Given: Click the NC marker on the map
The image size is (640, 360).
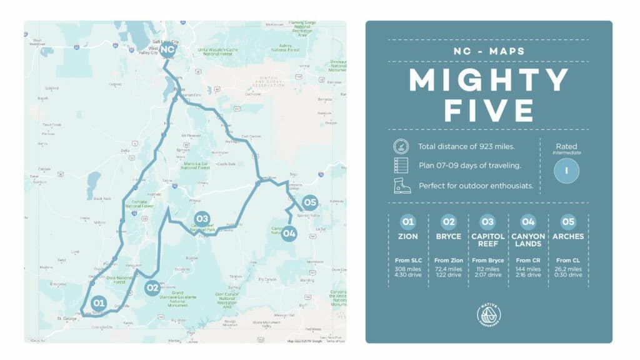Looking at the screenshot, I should coord(167,49).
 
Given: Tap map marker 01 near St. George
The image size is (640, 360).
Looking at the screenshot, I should coord(98,303).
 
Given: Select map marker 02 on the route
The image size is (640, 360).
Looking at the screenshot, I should coord(152,288).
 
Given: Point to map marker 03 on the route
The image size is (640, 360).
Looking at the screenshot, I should coord(201,219).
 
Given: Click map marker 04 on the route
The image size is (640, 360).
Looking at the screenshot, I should coord(288,234).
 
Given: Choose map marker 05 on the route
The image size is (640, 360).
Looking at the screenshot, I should coord(310,202).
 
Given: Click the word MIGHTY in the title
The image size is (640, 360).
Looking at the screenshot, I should coord(489,81).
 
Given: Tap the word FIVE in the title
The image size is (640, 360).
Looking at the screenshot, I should coord(489,110).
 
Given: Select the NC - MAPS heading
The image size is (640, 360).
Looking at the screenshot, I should coord(489,51).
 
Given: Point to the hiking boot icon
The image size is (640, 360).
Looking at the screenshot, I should coord(401,186).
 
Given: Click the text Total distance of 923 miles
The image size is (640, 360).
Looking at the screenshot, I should coord(467,147).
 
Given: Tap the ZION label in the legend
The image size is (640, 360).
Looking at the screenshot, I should coord(408,237).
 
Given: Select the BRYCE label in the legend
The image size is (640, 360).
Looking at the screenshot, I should coord(448,237).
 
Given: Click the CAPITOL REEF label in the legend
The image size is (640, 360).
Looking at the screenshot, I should coord(488,240).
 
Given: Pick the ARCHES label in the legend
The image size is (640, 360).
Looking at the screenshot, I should coord(568,237).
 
